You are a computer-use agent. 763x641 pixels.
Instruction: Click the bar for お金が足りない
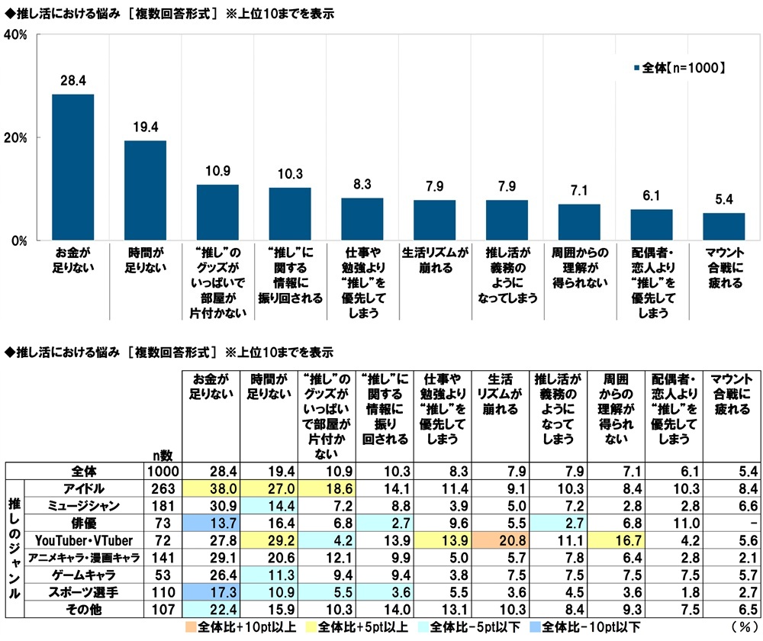(x=73, y=167)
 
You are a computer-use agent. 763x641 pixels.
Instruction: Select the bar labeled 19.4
(x=145, y=191)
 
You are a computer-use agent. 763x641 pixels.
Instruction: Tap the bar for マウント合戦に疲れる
(x=723, y=227)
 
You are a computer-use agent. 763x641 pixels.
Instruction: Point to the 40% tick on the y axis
(x=17, y=35)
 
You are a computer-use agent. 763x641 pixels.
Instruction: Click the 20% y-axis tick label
(x=17, y=138)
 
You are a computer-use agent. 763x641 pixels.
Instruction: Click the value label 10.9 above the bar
(x=217, y=171)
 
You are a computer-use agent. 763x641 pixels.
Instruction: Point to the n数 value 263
(x=167, y=487)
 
